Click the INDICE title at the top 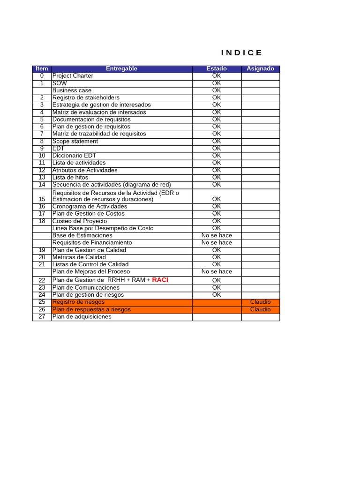[x=242, y=52]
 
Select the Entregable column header [x=121, y=69]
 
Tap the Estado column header [x=217, y=69]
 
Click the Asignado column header [x=260, y=69]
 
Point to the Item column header [x=42, y=69]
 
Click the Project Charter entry [x=73, y=76]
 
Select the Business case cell [x=72, y=90]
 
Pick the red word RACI [x=160, y=280]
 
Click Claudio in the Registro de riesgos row [x=260, y=302]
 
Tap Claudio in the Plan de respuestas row [x=260, y=309]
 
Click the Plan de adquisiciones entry [x=82, y=317]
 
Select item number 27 [x=42, y=317]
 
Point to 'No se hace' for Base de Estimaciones [x=217, y=236]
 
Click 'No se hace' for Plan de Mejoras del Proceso [x=217, y=272]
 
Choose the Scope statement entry [x=75, y=142]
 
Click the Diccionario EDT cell [x=74, y=156]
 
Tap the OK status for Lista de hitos [x=217, y=178]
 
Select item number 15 [x=42, y=199]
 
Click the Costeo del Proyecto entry [x=80, y=221]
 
